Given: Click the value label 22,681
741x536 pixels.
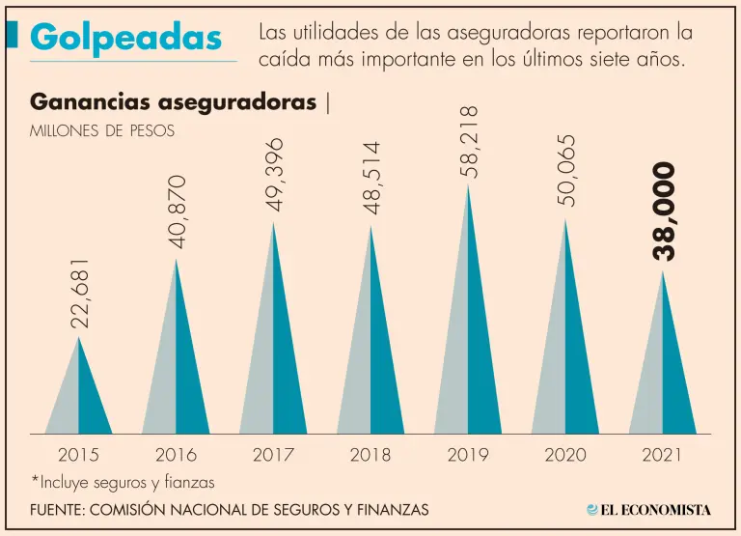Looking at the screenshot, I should (x=82, y=294).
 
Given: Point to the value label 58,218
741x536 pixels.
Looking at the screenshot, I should (x=470, y=142).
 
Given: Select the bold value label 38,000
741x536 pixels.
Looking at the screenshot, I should (x=665, y=212).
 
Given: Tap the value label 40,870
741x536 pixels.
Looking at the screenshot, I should (x=178, y=212).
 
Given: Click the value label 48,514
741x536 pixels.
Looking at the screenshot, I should (x=372, y=178).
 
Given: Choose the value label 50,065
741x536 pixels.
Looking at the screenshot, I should (x=566, y=170).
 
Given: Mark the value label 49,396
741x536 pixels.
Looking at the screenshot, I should (x=276, y=173).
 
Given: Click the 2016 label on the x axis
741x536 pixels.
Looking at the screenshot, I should (x=176, y=455).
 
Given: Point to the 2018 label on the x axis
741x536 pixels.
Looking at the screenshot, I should (x=370, y=455).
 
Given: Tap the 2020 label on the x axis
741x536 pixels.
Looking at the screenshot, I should (x=565, y=455).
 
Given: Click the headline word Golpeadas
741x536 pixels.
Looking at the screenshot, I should (x=125, y=38).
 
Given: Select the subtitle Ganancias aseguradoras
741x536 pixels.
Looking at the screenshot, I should (x=174, y=102).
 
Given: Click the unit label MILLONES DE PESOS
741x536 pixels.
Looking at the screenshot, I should (x=103, y=131).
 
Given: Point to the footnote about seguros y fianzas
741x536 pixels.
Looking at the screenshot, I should (x=123, y=481).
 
